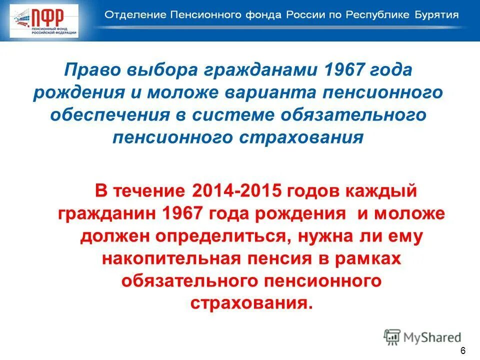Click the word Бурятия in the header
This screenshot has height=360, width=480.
point(433,14)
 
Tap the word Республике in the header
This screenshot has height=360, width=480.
point(370,14)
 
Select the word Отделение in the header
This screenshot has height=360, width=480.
point(131,14)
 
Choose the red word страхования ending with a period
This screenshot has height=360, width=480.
point(251,303)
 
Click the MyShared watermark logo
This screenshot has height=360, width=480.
point(422,337)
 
